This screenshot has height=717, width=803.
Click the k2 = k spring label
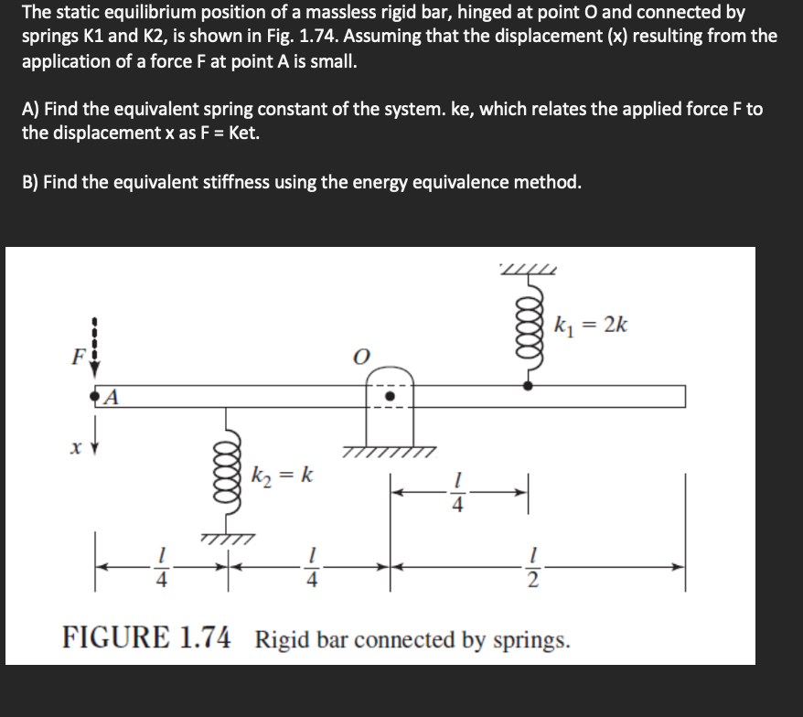pos(284,476)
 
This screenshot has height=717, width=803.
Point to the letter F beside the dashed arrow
pos(78,356)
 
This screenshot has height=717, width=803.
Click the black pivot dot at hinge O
pos(391,397)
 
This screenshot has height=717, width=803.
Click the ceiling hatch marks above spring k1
pos(528,267)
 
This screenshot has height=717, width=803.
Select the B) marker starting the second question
pos(31,181)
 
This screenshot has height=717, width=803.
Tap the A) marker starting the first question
pos(31,110)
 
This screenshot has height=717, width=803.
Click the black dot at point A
pos(94,397)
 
